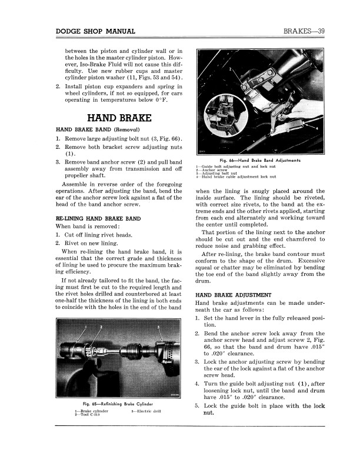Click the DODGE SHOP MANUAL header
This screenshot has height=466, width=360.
[x=95, y=31]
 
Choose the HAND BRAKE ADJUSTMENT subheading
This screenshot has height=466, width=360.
[x=233, y=294]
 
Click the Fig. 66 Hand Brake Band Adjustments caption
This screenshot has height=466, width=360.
[x=259, y=160]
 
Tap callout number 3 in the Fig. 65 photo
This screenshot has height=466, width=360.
[x=158, y=327]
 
